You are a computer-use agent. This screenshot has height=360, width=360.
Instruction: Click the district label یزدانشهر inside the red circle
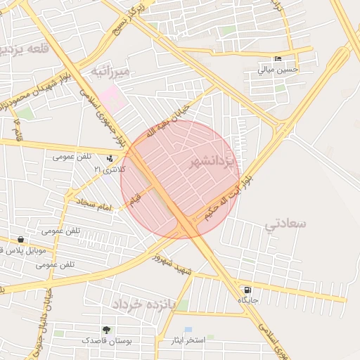(x=214, y=164)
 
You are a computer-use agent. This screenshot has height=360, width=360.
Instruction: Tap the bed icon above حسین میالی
(x=278, y=58)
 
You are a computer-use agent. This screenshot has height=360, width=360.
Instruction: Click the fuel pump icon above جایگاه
(x=247, y=290)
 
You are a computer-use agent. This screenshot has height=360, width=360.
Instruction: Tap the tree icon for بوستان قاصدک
(x=106, y=330)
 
